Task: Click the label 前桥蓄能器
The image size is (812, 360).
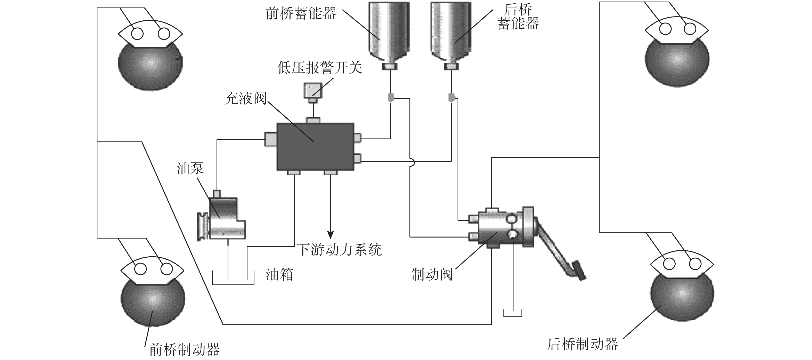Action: tap(301, 14)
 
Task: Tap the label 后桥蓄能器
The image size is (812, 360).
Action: tap(518, 17)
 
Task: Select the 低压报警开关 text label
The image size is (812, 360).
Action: tap(320, 68)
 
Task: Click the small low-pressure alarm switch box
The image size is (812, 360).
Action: tap(313, 90)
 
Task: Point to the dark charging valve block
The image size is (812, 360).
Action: tap(315, 146)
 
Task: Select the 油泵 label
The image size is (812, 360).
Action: tap(190, 168)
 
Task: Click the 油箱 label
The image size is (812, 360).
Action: tap(279, 275)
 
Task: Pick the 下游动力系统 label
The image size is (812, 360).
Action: tap(339, 250)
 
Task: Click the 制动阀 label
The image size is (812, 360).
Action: tap(432, 275)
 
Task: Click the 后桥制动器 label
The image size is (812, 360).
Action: tap(583, 344)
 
